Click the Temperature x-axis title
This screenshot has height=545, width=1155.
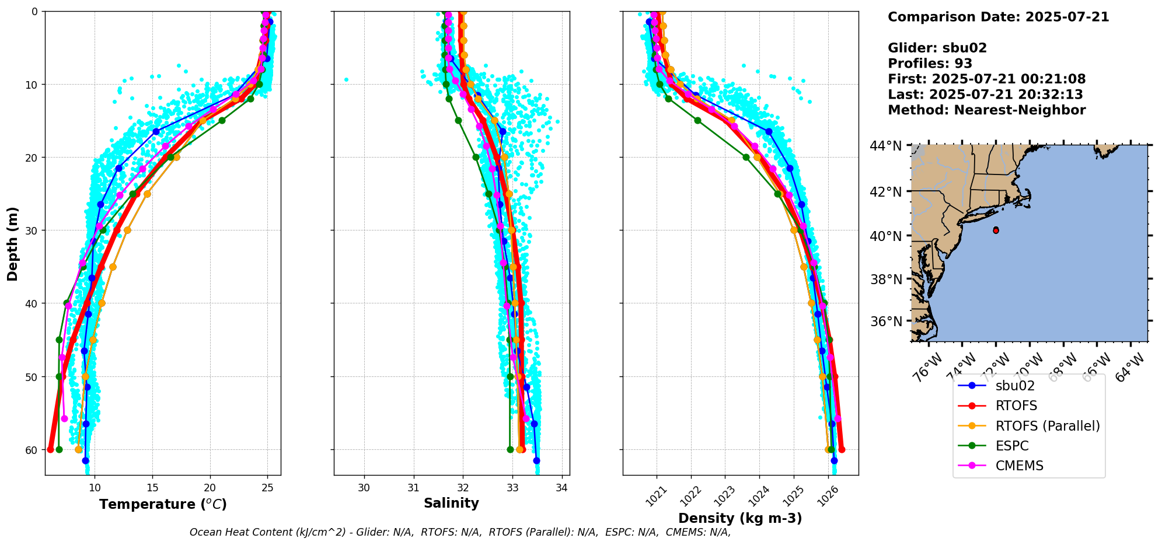coord(163,504)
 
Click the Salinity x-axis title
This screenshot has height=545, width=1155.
coord(451,503)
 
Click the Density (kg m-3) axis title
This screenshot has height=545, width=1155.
coord(740,518)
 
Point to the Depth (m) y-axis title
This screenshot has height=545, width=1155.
coord(13,244)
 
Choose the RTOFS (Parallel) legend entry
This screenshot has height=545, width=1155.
coord(1047,426)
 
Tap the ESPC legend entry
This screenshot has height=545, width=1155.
coord(1012,446)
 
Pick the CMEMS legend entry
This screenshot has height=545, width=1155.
coord(1019,466)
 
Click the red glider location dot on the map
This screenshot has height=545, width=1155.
coord(996,230)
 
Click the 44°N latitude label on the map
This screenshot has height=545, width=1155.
coord(887,146)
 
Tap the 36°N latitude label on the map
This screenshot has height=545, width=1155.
coord(887,322)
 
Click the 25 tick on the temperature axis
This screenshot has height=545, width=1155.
coord(267,488)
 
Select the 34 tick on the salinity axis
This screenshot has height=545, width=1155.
coord(561,488)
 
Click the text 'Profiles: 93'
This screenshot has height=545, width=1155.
coord(930,64)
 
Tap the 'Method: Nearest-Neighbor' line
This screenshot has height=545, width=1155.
coord(986,110)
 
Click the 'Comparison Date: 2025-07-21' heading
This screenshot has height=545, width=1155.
coord(998,17)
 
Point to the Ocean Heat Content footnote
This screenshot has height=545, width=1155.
coord(460,532)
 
